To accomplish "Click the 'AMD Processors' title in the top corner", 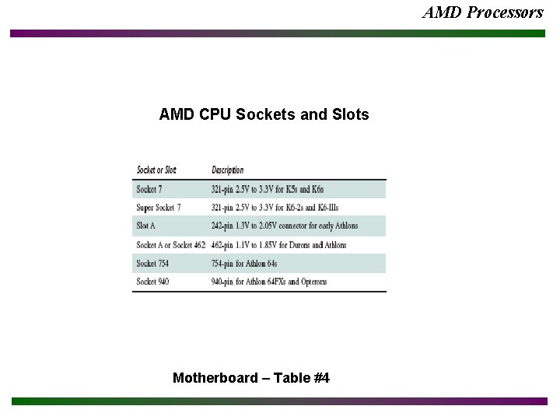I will point(482,12).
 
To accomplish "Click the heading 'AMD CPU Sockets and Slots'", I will point(264,115).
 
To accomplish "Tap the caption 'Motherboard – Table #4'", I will point(251,378).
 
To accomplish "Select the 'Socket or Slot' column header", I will point(156,170).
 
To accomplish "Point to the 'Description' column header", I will point(227,170).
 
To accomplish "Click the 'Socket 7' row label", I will point(149,189).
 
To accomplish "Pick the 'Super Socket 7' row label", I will point(159,208).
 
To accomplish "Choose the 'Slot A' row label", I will point(146,226).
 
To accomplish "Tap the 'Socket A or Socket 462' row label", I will point(170,245).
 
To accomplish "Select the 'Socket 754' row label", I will point(152,264).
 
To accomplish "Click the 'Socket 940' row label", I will point(152,282).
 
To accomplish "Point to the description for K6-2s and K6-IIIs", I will point(275,208).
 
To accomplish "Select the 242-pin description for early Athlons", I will point(285,226).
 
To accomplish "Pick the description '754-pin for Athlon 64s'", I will point(249,264).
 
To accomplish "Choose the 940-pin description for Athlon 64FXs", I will point(269,282).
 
